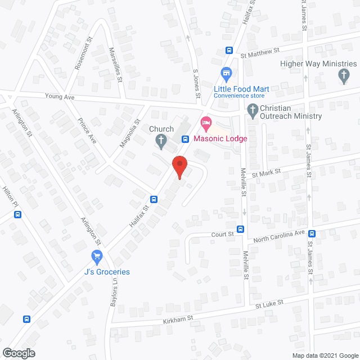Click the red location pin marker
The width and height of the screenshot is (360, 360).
[179, 166]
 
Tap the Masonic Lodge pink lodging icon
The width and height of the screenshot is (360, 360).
[206, 122]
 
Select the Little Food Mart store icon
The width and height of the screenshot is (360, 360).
[227, 73]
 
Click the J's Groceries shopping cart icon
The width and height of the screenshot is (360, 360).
[97, 257]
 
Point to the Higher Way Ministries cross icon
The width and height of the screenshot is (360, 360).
[343, 76]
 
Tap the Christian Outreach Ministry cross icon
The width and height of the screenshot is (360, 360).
[253, 110]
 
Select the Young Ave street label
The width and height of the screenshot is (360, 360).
[61, 97]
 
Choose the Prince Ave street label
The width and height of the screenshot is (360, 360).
[87, 129]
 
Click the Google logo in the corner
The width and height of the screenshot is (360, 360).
[18, 353]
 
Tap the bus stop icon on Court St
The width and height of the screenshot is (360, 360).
[241, 229]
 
